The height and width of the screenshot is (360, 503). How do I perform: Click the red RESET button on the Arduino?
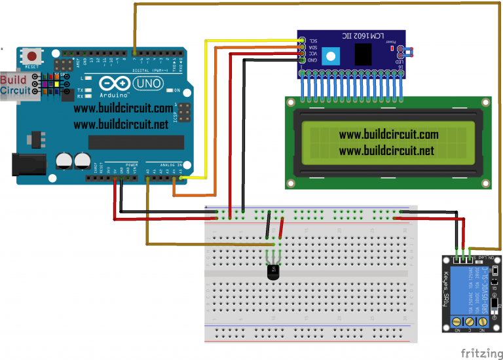point(30,56)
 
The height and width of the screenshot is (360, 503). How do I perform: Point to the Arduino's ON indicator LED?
point(169,90)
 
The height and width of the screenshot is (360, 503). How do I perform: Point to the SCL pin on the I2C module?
point(302,40)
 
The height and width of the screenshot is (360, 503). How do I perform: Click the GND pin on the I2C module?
point(302,60)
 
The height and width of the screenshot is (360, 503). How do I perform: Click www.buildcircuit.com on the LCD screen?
point(388,135)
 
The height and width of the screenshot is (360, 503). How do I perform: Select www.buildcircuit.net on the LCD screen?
point(386,151)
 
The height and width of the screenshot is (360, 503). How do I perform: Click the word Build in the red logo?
point(13,80)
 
